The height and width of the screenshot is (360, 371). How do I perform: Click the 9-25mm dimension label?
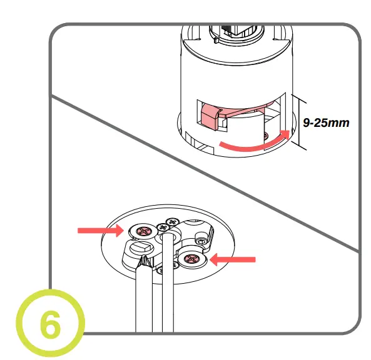pyautogui.click(x=326, y=123)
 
